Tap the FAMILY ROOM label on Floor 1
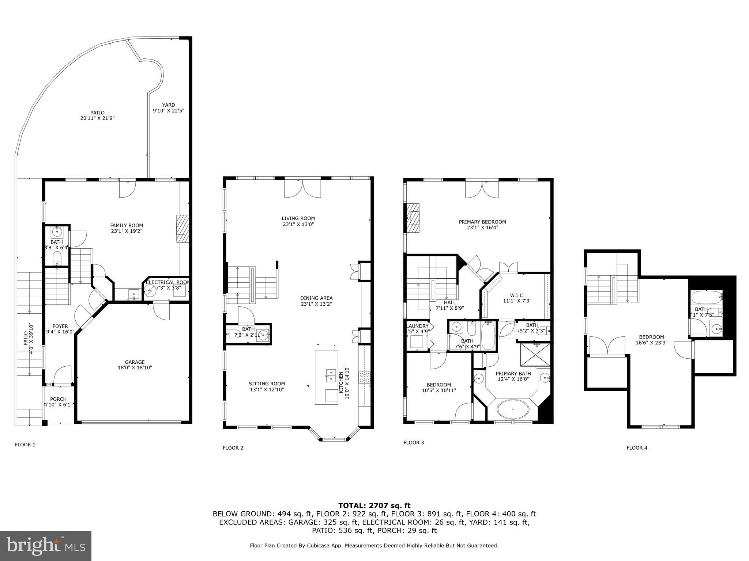(127, 225)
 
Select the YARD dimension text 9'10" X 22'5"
(169, 110)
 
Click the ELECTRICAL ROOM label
(168, 282)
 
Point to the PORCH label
(59, 399)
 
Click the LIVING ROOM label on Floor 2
(298, 218)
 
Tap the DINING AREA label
(316, 298)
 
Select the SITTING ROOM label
(267, 383)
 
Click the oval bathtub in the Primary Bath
(513, 409)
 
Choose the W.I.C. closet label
(517, 295)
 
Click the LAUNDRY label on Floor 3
(417, 326)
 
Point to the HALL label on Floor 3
(450, 302)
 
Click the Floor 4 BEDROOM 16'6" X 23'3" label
(651, 337)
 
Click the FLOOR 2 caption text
(233, 448)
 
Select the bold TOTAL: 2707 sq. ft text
(374, 505)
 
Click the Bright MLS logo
(46, 546)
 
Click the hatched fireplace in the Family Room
(182, 228)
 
